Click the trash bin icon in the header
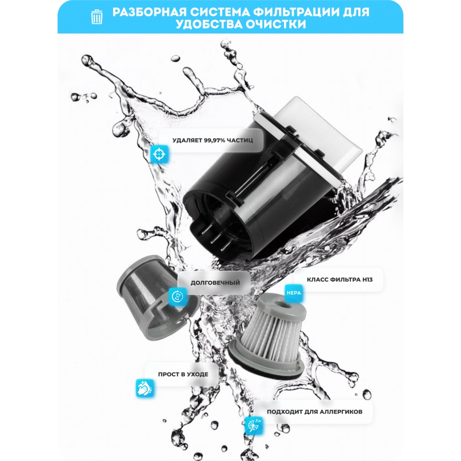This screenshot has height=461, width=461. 97,17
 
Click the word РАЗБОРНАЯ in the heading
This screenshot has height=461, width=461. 149,12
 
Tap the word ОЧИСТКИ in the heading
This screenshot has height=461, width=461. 276,24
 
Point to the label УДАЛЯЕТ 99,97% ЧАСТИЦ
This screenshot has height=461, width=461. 213,140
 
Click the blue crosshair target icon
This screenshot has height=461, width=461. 159,154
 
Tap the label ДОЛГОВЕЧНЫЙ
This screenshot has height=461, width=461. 215,283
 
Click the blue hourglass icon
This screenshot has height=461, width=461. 177,296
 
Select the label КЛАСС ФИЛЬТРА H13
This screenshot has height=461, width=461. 340,280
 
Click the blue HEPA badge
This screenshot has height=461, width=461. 294,293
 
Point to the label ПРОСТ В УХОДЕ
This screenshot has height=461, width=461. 183,374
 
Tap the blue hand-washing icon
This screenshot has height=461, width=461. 145,388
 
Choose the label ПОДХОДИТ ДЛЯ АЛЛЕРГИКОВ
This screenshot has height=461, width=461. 314,412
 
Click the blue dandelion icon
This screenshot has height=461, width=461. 254,425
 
